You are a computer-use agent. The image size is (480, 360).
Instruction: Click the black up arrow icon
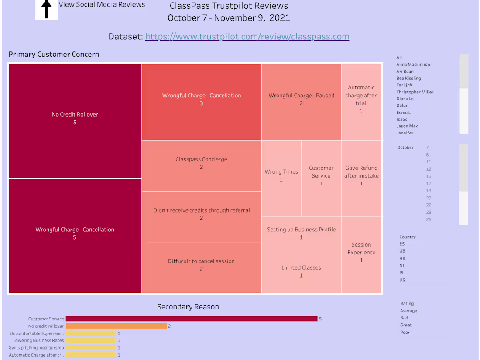tap(46, 10)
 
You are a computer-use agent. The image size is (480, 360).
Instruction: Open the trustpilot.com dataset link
tap(247, 37)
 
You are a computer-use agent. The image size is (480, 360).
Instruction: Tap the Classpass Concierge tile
tap(201, 164)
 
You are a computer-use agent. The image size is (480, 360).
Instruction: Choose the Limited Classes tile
tap(301, 272)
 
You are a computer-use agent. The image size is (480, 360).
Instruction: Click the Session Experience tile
tap(361, 253)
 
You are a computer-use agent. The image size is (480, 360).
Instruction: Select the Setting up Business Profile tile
tap(301, 233)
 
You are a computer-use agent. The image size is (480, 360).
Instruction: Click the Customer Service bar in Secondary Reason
tap(191, 319)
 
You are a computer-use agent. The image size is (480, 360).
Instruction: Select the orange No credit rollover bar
tap(116, 326)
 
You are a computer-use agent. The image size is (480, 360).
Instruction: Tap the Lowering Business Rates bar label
tap(38, 340)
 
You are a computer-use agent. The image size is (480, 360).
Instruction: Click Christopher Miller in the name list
tap(415, 92)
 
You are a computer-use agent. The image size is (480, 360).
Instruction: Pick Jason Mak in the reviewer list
tap(407, 126)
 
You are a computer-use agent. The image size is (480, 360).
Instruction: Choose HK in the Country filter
tap(402, 258)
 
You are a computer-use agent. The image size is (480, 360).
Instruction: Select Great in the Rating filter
tap(406, 325)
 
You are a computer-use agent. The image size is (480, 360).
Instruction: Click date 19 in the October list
tap(429, 191)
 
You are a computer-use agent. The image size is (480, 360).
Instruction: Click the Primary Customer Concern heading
tap(54, 55)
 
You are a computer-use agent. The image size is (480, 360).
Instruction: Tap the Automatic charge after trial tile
tap(361, 99)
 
